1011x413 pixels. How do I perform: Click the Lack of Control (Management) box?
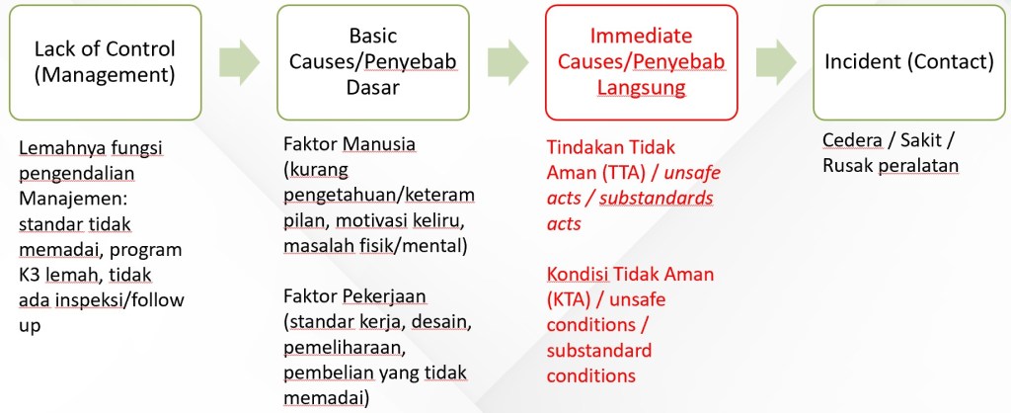coord(105,62)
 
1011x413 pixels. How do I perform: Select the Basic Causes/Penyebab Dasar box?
coord(373,62)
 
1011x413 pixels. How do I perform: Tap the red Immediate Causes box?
coord(642,62)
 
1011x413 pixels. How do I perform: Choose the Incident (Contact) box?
coord(909,62)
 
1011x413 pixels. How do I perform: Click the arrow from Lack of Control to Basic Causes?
coord(239,62)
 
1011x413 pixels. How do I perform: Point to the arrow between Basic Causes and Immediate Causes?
coord(507,62)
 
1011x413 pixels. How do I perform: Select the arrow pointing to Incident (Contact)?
coord(776,62)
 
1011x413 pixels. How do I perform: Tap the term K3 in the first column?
coord(30,275)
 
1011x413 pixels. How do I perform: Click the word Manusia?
coord(379,144)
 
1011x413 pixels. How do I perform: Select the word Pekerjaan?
coord(385,296)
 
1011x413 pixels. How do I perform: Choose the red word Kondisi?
coord(578,274)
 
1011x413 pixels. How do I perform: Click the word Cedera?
coord(849,140)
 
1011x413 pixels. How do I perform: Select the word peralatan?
coord(918,166)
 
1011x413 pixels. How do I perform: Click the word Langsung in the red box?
coord(642,87)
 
